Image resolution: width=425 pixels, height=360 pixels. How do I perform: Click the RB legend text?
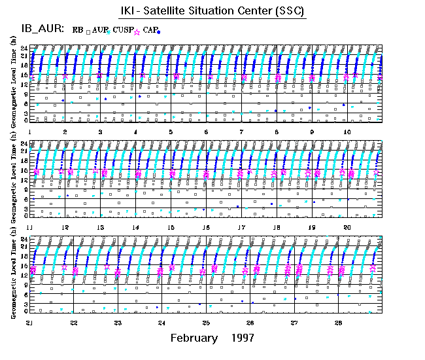coord(78,29)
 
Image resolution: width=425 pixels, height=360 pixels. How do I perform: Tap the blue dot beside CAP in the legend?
coord(159,31)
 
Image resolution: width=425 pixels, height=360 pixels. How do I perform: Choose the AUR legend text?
coord(100,29)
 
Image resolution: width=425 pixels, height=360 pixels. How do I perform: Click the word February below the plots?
coord(194,338)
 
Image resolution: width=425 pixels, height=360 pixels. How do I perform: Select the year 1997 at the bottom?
coord(243,338)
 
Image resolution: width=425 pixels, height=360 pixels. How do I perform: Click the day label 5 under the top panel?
coord(171,132)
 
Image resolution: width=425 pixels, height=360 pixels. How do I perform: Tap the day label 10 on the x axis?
coord(348,132)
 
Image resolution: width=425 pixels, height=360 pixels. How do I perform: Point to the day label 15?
coord(171,226)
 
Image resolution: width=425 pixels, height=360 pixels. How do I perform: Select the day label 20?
coord(348,226)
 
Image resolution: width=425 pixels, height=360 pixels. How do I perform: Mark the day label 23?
coord(118,323)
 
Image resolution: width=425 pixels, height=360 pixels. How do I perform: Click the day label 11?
coord(30,226)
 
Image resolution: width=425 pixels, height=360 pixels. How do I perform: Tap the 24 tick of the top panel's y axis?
coord(23,48)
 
